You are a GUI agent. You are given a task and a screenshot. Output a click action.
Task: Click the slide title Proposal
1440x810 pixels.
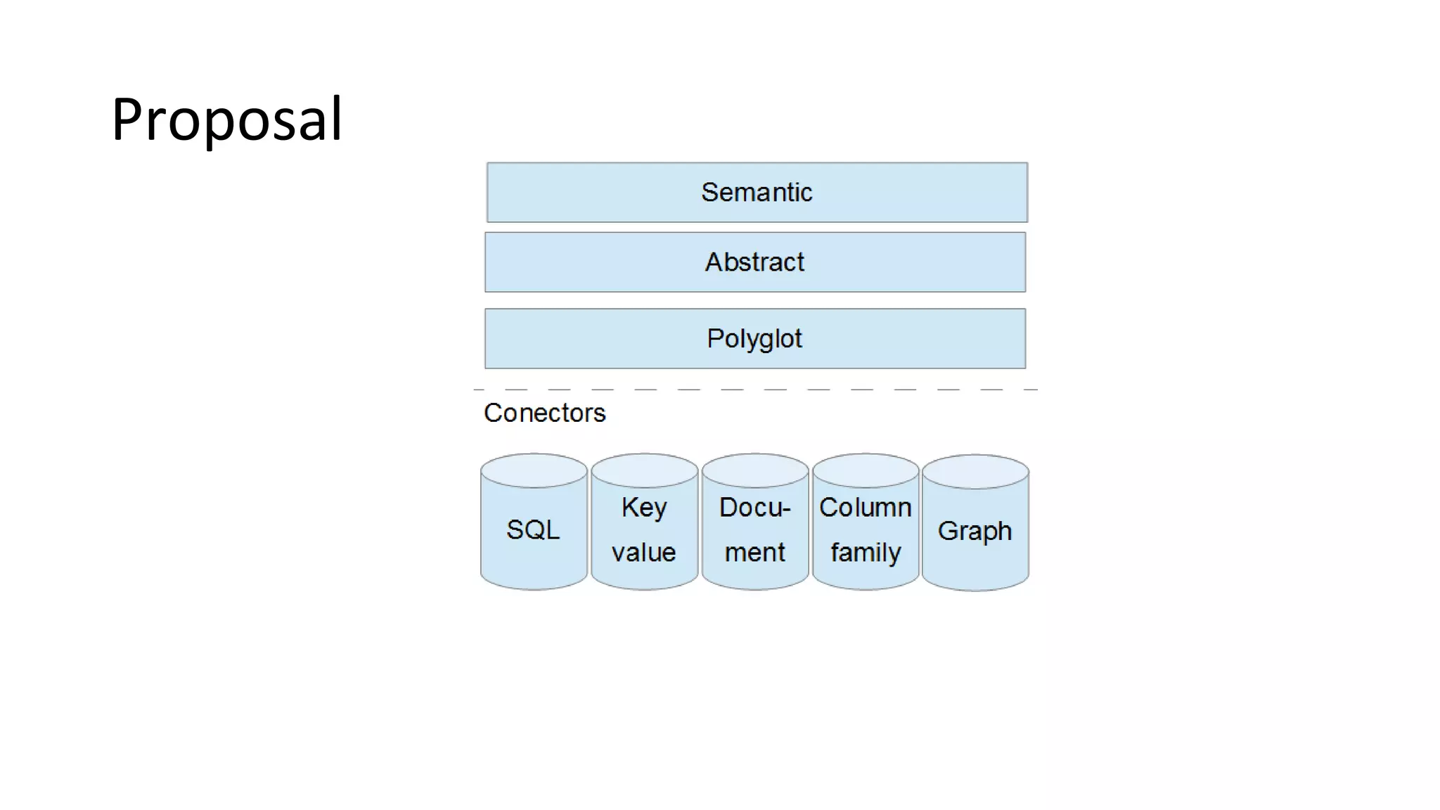(226, 120)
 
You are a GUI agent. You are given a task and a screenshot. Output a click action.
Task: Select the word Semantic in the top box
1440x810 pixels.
(757, 192)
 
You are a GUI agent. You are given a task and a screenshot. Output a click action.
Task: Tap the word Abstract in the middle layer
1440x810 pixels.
(754, 262)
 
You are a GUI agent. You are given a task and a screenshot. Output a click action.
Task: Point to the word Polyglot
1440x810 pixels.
(754, 339)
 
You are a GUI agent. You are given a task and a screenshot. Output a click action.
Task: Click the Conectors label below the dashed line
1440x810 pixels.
(544, 413)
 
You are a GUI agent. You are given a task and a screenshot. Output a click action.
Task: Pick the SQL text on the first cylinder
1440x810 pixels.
(533, 529)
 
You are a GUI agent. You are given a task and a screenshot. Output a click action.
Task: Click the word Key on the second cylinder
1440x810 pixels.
(643, 507)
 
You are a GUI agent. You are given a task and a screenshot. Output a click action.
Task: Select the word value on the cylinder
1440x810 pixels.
(643, 552)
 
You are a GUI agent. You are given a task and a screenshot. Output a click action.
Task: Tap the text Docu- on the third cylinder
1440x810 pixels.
(754, 507)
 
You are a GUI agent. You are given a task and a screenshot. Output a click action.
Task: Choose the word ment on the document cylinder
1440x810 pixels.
(754, 552)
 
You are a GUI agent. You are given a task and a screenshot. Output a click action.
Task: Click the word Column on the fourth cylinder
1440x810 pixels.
(865, 507)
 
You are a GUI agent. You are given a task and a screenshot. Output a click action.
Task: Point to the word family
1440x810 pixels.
(865, 553)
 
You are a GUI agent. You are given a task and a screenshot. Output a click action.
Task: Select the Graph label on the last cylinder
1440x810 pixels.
(975, 531)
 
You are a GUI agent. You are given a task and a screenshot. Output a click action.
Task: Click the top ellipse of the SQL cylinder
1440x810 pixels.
(534, 470)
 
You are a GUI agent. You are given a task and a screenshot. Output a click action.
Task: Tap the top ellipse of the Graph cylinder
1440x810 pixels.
(975, 471)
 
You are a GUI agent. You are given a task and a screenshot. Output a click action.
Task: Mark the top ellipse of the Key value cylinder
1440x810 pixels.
(644, 470)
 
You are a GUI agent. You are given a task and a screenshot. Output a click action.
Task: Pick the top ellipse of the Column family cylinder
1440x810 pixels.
(866, 470)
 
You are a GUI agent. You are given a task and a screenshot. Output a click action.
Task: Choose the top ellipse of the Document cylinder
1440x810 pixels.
(755, 470)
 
